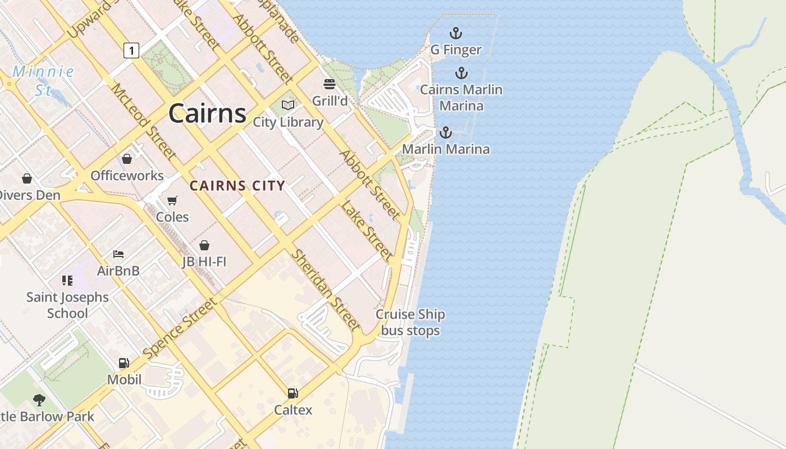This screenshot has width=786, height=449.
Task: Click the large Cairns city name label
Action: pos(207,113)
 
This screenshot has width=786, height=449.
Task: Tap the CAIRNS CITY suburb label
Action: pos(237,186)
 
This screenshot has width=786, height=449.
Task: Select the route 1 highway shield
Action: pos(131,51)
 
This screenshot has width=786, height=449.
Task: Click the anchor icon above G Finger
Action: pos(455,34)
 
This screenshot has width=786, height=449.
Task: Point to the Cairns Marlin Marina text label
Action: pos(461,98)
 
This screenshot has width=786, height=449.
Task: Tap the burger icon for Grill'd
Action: pos(330,84)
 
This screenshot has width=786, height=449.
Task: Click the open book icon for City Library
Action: pos(288,105)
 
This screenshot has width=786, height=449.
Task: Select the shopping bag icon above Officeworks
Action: pos(127,159)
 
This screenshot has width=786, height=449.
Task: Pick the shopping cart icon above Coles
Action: pos(172,200)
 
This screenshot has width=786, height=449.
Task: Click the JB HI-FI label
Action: pos(204,262)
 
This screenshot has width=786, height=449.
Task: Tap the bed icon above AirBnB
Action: pos(118,254)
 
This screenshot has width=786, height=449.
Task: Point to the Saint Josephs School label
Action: pos(67,305)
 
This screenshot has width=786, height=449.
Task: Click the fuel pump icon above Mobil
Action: pos(124,363)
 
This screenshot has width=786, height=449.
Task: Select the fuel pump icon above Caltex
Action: pos(293,393)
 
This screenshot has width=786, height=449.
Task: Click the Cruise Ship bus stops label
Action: pos(410,322)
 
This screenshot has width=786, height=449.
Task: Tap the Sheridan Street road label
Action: pos(325,290)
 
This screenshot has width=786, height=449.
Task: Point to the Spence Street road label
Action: pos(179,329)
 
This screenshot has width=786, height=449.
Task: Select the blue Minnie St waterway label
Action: pos(43,80)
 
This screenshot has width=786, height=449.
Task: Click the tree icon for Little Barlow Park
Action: pos(39,400)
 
